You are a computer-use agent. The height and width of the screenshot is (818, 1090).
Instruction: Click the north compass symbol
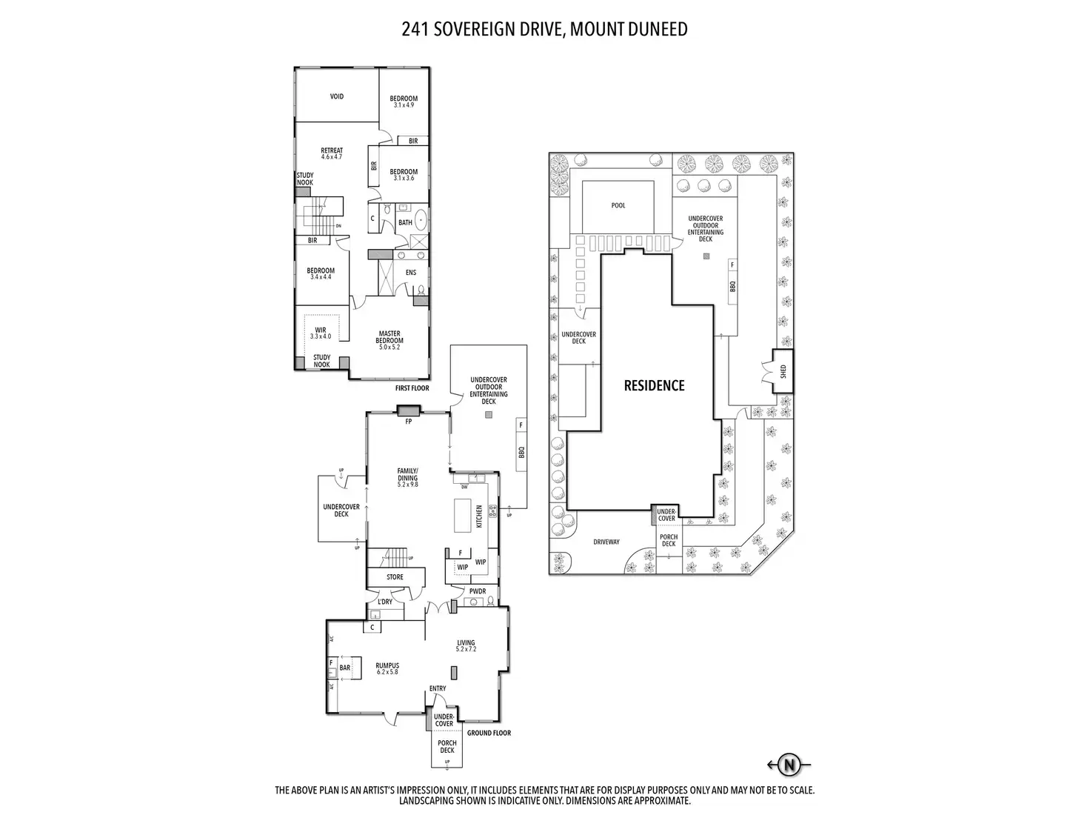pyautogui.click(x=790, y=765)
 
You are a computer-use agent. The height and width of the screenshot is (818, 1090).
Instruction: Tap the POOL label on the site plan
pyautogui.click(x=618, y=205)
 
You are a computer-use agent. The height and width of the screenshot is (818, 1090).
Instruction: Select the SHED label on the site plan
pyautogui.click(x=783, y=371)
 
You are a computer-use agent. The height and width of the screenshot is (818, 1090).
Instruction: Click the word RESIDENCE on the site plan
pyautogui.click(x=654, y=385)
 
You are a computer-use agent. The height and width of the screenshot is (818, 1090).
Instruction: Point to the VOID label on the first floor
pyautogui.click(x=336, y=96)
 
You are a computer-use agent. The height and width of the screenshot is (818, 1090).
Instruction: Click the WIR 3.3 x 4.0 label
pyautogui.click(x=321, y=333)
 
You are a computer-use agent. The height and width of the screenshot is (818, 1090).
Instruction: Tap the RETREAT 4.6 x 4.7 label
pyautogui.click(x=332, y=153)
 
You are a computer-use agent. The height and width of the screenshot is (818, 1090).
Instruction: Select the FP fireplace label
pyautogui.click(x=408, y=422)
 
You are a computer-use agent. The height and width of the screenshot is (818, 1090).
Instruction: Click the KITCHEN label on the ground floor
pyautogui.click(x=479, y=516)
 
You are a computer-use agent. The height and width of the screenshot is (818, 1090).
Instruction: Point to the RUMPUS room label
pyautogui.click(x=387, y=668)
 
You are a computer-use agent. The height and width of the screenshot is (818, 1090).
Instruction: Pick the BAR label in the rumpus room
pyautogui.click(x=344, y=668)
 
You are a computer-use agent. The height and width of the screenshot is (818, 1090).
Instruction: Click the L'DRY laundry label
pyautogui.click(x=385, y=602)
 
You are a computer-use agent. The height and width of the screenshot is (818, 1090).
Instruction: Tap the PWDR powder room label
pyautogui.click(x=478, y=591)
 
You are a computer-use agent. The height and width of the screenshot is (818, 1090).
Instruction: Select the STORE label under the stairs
pyautogui.click(x=395, y=576)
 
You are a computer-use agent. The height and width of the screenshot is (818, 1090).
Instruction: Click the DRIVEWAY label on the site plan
pyautogui.click(x=606, y=542)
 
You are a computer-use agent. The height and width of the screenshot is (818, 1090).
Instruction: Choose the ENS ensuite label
pyautogui.click(x=411, y=273)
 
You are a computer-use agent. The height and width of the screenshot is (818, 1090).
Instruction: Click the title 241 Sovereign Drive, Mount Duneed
pyautogui.click(x=544, y=29)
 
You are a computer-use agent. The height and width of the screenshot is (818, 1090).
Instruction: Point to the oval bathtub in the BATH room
pyautogui.click(x=421, y=221)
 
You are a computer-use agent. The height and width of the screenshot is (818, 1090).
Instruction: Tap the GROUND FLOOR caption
pyautogui.click(x=489, y=733)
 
